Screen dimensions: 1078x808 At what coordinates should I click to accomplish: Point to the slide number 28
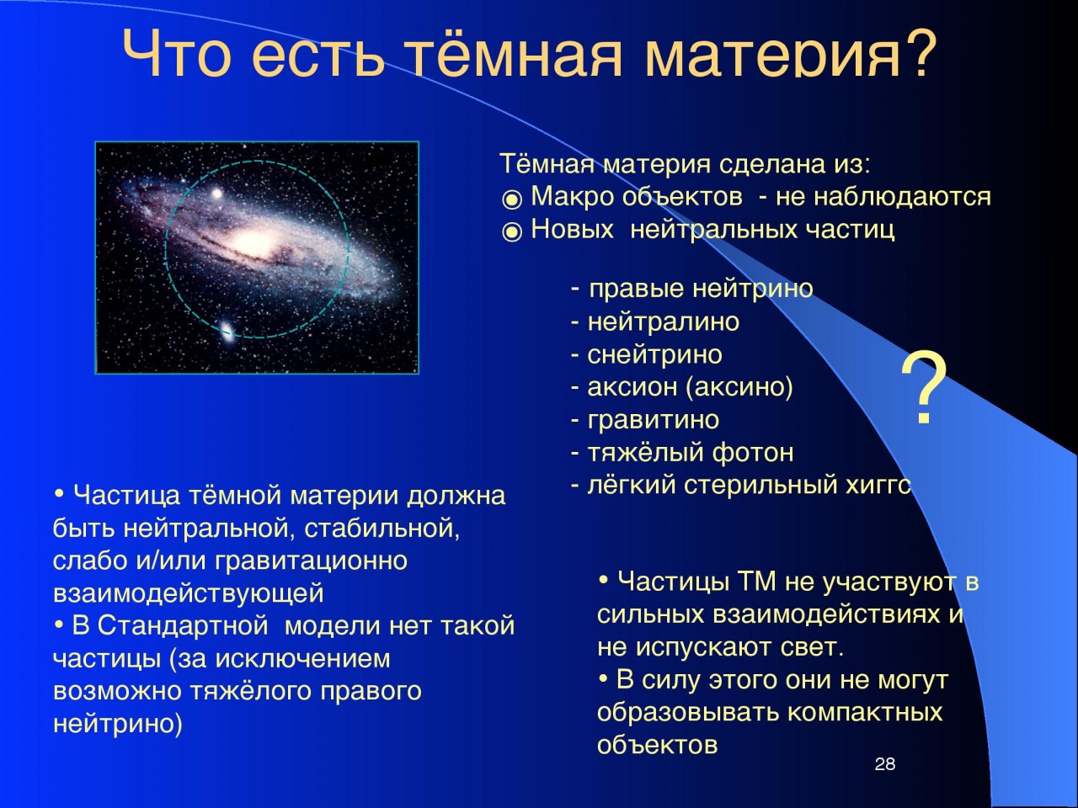coord(885,764)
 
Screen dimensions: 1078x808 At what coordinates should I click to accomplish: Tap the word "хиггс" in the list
coord(878,485)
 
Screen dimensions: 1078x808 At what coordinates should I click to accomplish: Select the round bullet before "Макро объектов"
coord(512,199)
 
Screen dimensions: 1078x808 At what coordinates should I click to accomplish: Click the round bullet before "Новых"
coord(512,232)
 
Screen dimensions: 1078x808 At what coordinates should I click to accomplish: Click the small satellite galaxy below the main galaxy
coord(227,332)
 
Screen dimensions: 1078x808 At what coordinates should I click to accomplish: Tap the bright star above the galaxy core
coord(216,194)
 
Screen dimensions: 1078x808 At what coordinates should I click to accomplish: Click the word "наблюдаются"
coord(903,197)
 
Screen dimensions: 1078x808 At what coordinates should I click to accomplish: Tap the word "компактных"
coord(865,712)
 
